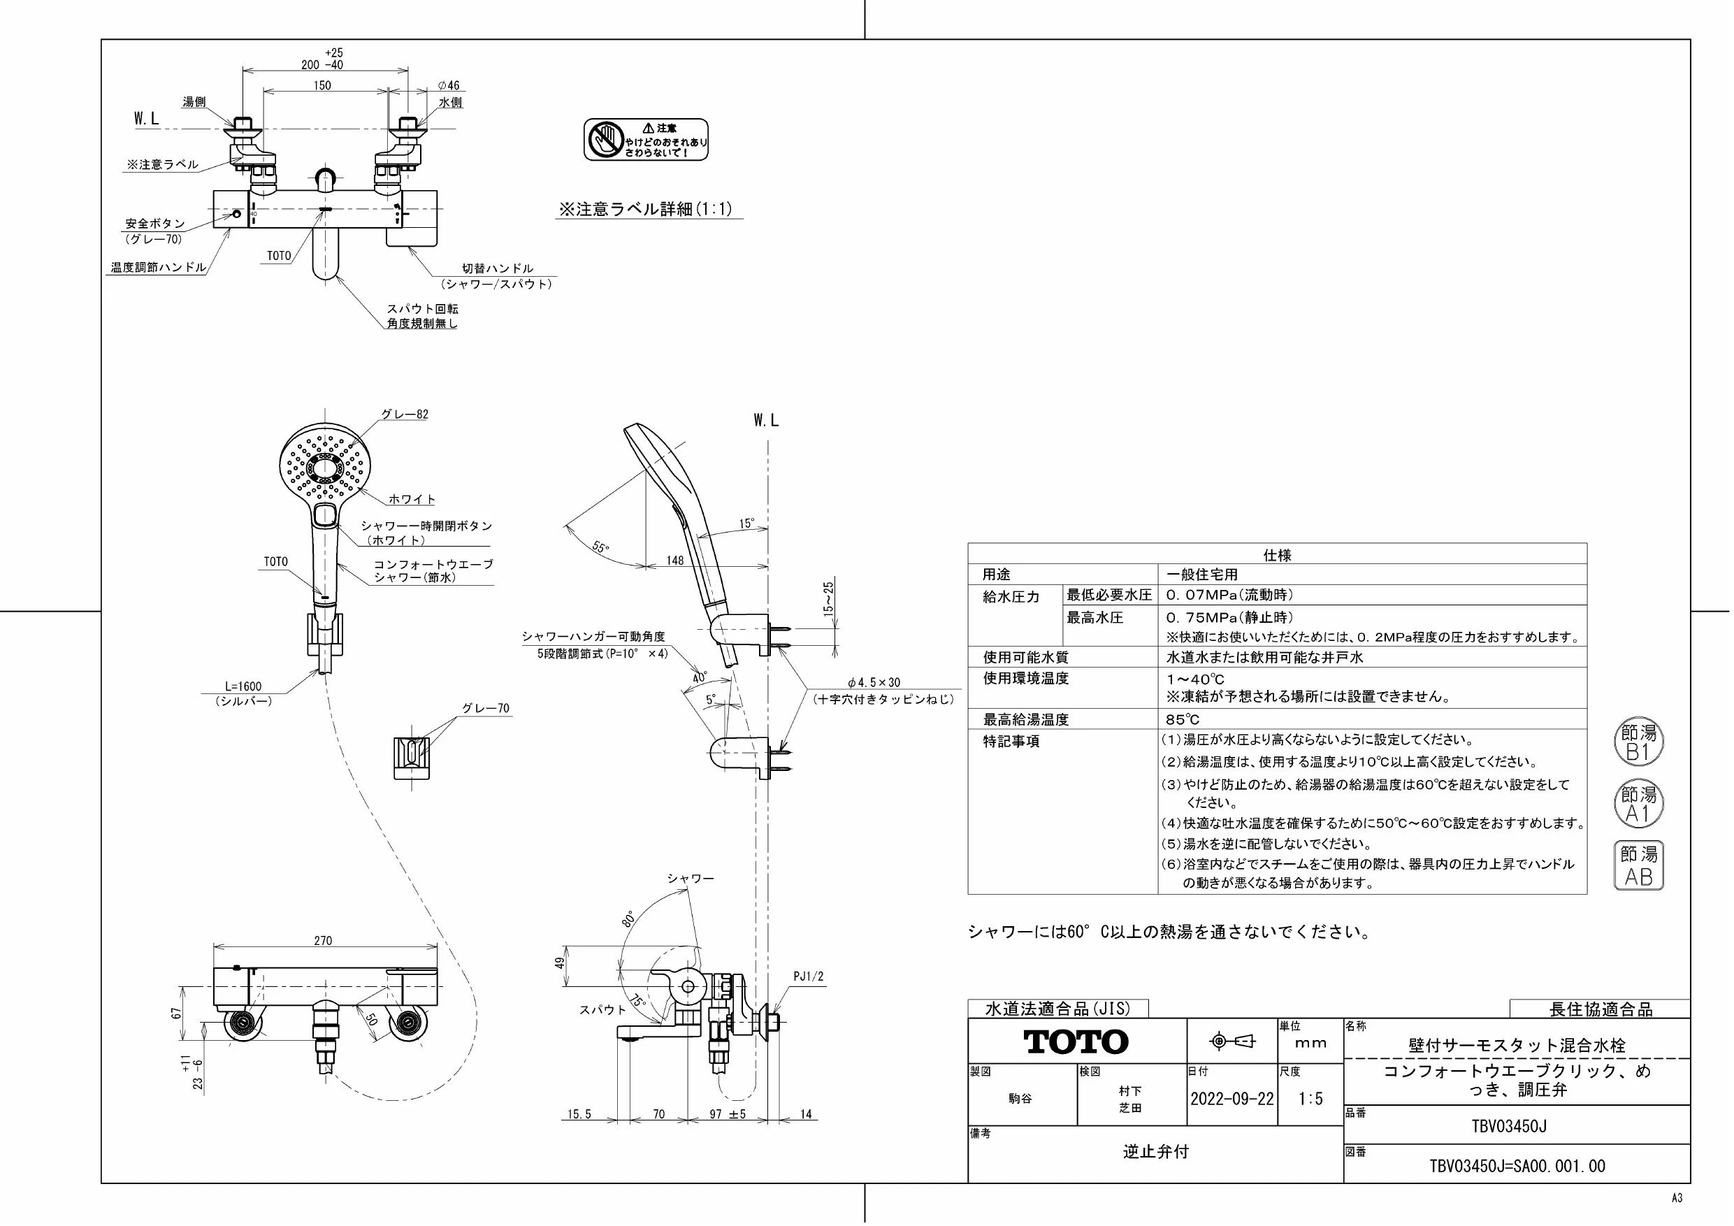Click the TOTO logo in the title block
[x=1076, y=1042]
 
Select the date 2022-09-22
[x=1231, y=1099]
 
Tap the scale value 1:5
[x=1310, y=1099]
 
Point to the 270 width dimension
[x=322, y=940]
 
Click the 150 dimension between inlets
[x=322, y=85]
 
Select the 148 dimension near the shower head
[x=674, y=560]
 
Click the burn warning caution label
[x=646, y=139]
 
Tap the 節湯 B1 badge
[x=1639, y=742]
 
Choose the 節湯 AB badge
[x=1639, y=865]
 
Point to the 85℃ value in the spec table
[x=1183, y=720]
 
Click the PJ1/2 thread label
[x=808, y=976]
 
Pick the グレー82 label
[x=404, y=414]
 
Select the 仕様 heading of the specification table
[x=1277, y=555]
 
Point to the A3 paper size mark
[x=1677, y=1198]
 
